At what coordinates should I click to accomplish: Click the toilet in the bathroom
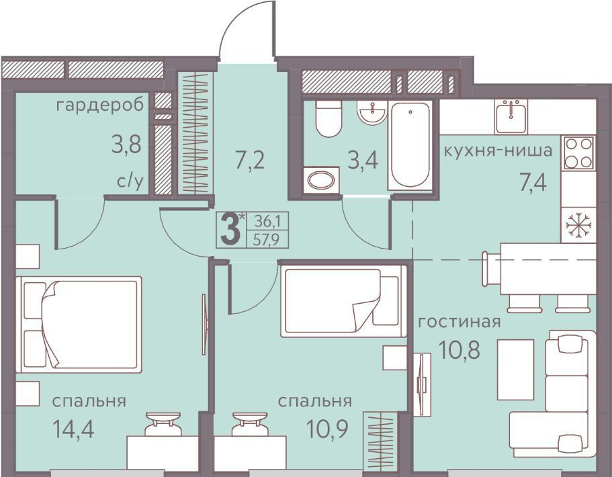click(329, 118)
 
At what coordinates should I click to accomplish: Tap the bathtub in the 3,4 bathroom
click(410, 145)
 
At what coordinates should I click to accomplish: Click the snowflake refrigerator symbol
click(579, 225)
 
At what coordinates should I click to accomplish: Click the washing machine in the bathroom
click(321, 180)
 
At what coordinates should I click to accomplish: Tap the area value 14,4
click(73, 429)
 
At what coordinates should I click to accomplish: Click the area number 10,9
click(327, 429)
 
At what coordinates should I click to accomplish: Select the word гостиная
click(459, 322)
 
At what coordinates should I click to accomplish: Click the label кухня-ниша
click(498, 150)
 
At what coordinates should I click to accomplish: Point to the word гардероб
click(100, 105)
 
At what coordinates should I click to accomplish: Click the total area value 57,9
click(266, 239)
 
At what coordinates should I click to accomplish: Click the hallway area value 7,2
click(250, 160)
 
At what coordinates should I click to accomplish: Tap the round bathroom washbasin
click(372, 113)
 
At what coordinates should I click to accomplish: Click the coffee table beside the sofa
click(515, 370)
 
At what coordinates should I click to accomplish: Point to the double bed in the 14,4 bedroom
click(79, 324)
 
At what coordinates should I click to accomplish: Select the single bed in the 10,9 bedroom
click(344, 301)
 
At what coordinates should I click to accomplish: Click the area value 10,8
click(459, 350)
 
